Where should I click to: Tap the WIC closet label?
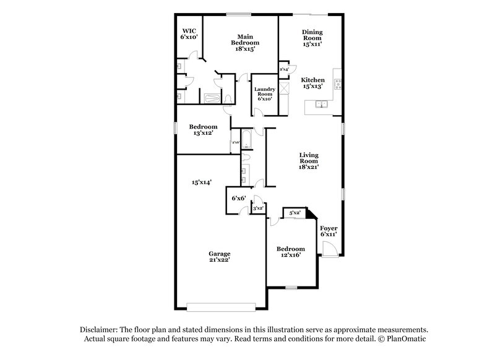(189, 33)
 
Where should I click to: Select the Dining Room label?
(312, 38)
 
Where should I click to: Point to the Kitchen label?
(312, 84)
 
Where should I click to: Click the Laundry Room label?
(264, 94)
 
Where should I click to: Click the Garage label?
(219, 257)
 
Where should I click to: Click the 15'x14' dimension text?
(202, 182)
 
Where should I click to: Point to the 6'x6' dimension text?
(239, 199)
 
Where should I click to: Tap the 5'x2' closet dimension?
(295, 213)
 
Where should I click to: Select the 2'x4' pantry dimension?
(284, 69)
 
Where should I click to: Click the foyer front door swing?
(329, 249)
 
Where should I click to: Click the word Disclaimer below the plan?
(100, 330)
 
